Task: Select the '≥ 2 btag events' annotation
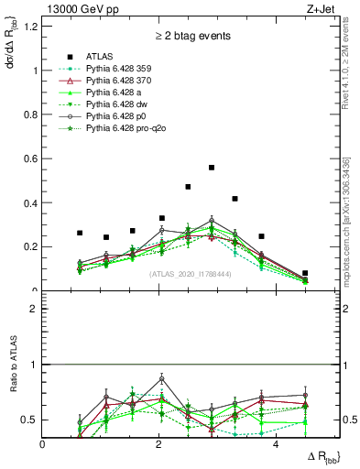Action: (191, 37)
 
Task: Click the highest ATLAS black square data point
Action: (212, 168)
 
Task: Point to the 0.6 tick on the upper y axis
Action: (35, 158)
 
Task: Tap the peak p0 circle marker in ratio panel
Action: (162, 378)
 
